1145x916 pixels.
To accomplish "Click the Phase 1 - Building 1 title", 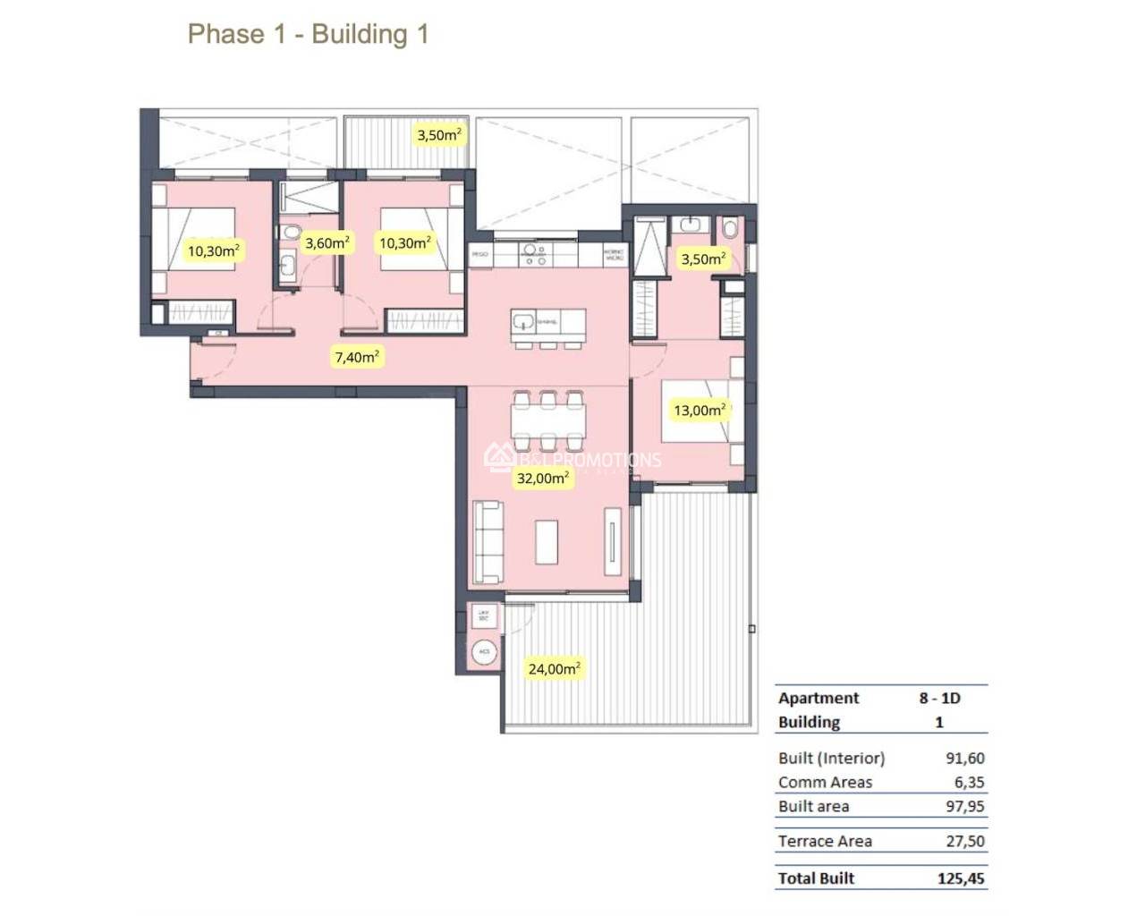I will pos(308,34).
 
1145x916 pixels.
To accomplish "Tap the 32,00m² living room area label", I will pos(542,479).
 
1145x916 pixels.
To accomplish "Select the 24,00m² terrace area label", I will pos(554,668).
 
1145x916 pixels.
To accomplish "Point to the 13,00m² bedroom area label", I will pos(700,411).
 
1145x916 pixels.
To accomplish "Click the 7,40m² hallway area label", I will pos(357,357).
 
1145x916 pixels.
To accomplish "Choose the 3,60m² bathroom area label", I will pos(327,242).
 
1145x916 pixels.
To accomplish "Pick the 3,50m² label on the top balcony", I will pos(439,135).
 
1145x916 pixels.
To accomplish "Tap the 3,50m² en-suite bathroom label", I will pos(703,259).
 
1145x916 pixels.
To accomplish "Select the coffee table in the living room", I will pos(547,542).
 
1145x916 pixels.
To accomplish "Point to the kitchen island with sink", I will pos(548,322).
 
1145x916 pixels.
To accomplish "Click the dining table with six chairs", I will pos(547,420).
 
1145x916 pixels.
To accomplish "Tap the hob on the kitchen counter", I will pos(535,255).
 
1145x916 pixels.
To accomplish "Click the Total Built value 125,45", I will pos(961,878).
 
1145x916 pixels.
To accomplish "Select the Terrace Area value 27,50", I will pos(965,841).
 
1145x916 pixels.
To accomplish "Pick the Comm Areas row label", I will pos(825,782).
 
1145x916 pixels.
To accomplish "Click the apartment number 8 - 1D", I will pos(939,698).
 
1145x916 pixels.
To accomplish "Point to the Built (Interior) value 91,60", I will pos(965,758).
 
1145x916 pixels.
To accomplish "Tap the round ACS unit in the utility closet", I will pos(484,651).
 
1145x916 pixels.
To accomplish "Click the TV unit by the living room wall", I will pos(613,541).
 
